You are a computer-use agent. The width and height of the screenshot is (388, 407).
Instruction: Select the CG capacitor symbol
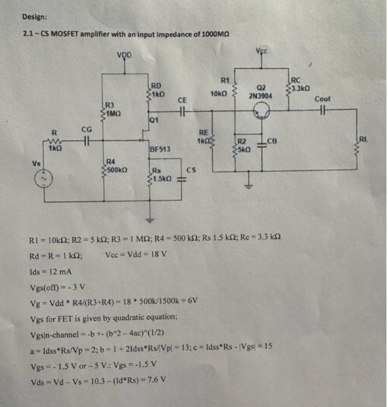(x=86, y=140)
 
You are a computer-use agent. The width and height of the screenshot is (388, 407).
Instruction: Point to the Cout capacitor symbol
(x=322, y=109)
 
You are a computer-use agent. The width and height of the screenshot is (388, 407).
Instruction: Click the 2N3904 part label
(x=261, y=96)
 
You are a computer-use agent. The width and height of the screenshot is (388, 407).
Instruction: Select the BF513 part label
(x=160, y=149)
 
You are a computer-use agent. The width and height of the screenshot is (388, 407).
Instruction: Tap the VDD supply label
(x=126, y=54)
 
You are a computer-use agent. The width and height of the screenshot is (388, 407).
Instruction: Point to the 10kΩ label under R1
(x=219, y=94)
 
